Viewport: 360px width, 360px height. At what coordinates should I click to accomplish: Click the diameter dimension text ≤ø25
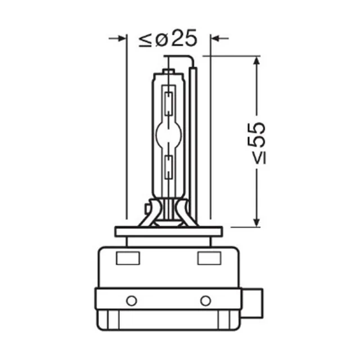pos(168,38)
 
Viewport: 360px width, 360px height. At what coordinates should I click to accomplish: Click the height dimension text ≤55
pos(257,143)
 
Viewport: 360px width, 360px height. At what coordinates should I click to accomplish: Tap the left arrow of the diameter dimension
pos(118,38)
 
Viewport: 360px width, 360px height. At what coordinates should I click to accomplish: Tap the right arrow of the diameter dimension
pos(220,38)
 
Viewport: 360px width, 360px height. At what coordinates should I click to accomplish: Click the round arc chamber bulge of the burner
pos(169,134)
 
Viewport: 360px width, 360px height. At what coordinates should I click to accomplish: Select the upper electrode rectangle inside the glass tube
pos(169,103)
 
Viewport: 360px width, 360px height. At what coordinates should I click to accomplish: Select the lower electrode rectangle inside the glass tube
pos(169,167)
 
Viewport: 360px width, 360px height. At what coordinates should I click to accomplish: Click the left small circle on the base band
pos(132,301)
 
